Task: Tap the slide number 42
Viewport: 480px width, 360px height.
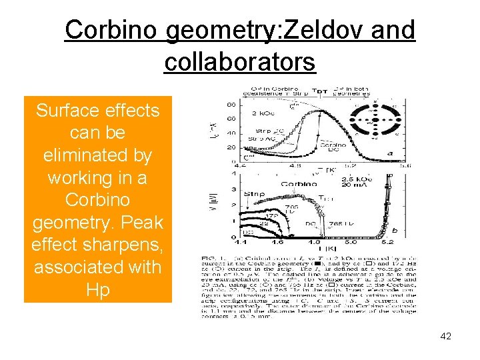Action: (445, 336)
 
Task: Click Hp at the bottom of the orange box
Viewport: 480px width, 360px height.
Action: (97, 291)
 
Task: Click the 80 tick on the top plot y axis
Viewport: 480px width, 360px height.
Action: (230, 104)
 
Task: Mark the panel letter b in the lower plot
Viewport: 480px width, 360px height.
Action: (395, 231)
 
